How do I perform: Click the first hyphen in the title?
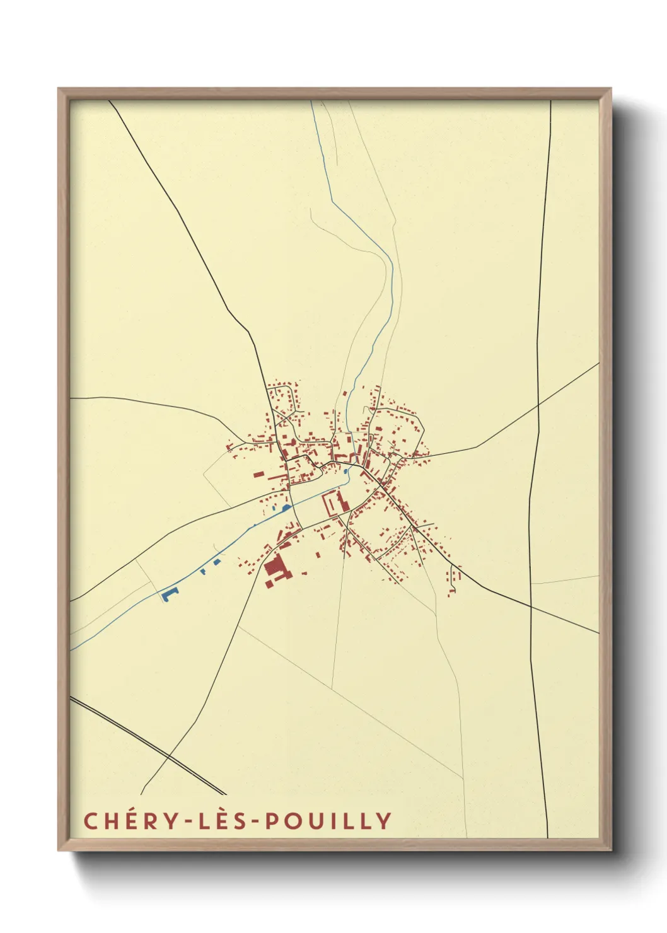[x=188, y=821]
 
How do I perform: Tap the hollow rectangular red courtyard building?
[x=330, y=504]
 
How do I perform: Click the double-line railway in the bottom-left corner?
[x=148, y=746]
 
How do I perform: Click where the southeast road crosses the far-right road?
[x=531, y=607]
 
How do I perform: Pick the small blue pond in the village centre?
[x=346, y=470]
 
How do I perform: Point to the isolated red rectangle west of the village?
[x=258, y=474]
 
